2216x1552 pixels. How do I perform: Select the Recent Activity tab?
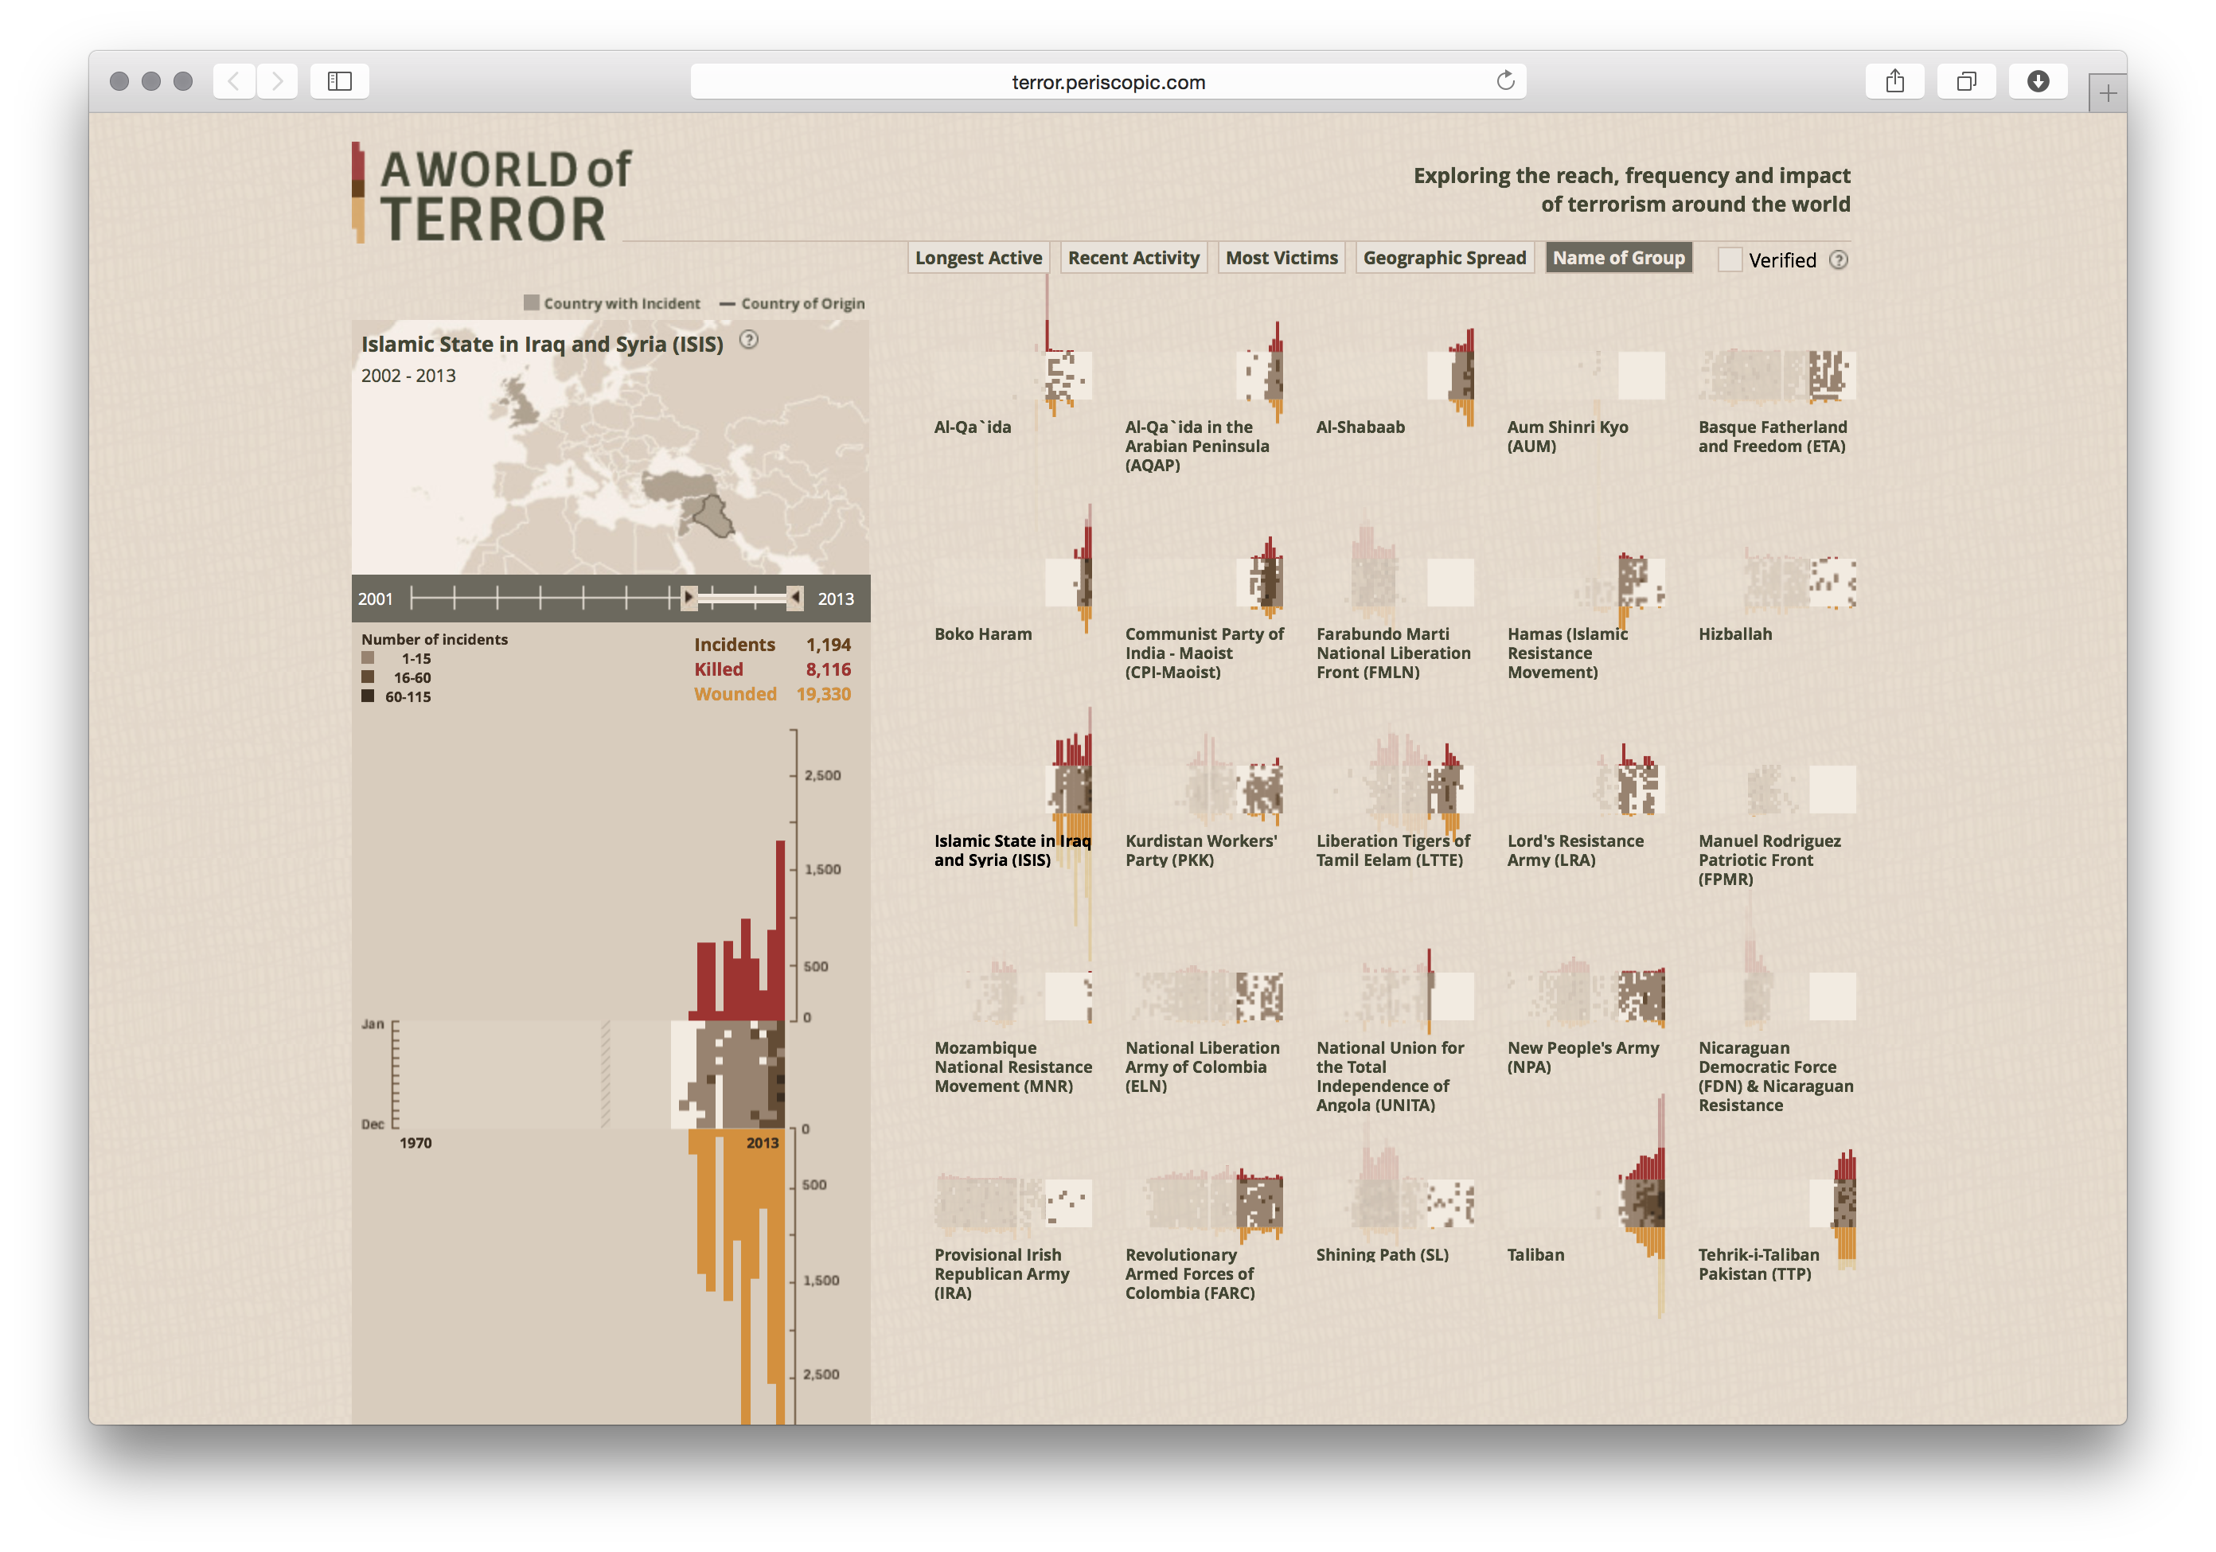coord(1133,258)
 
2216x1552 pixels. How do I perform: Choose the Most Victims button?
coord(1281,258)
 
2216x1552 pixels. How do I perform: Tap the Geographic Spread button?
coord(1444,258)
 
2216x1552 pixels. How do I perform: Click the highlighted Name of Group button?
coord(1617,258)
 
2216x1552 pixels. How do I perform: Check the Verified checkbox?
coord(1730,259)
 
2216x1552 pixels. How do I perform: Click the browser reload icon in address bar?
coord(1504,81)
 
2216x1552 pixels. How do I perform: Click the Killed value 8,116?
coord(828,669)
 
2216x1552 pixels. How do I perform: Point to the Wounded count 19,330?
coord(823,694)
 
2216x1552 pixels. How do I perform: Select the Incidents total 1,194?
coord(828,645)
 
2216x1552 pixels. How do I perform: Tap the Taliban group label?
coord(1535,1254)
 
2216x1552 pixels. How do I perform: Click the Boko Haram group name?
coord(982,634)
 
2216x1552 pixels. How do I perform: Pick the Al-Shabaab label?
coord(1360,427)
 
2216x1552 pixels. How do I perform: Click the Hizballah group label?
coord(1734,634)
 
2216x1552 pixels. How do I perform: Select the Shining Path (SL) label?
coord(1382,1254)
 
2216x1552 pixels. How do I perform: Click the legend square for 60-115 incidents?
coord(368,696)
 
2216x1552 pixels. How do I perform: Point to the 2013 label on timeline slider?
coord(835,599)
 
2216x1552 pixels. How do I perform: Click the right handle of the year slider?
coord(794,599)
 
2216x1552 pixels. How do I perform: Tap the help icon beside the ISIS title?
coord(748,340)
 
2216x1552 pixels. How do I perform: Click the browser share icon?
coord(1894,81)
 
